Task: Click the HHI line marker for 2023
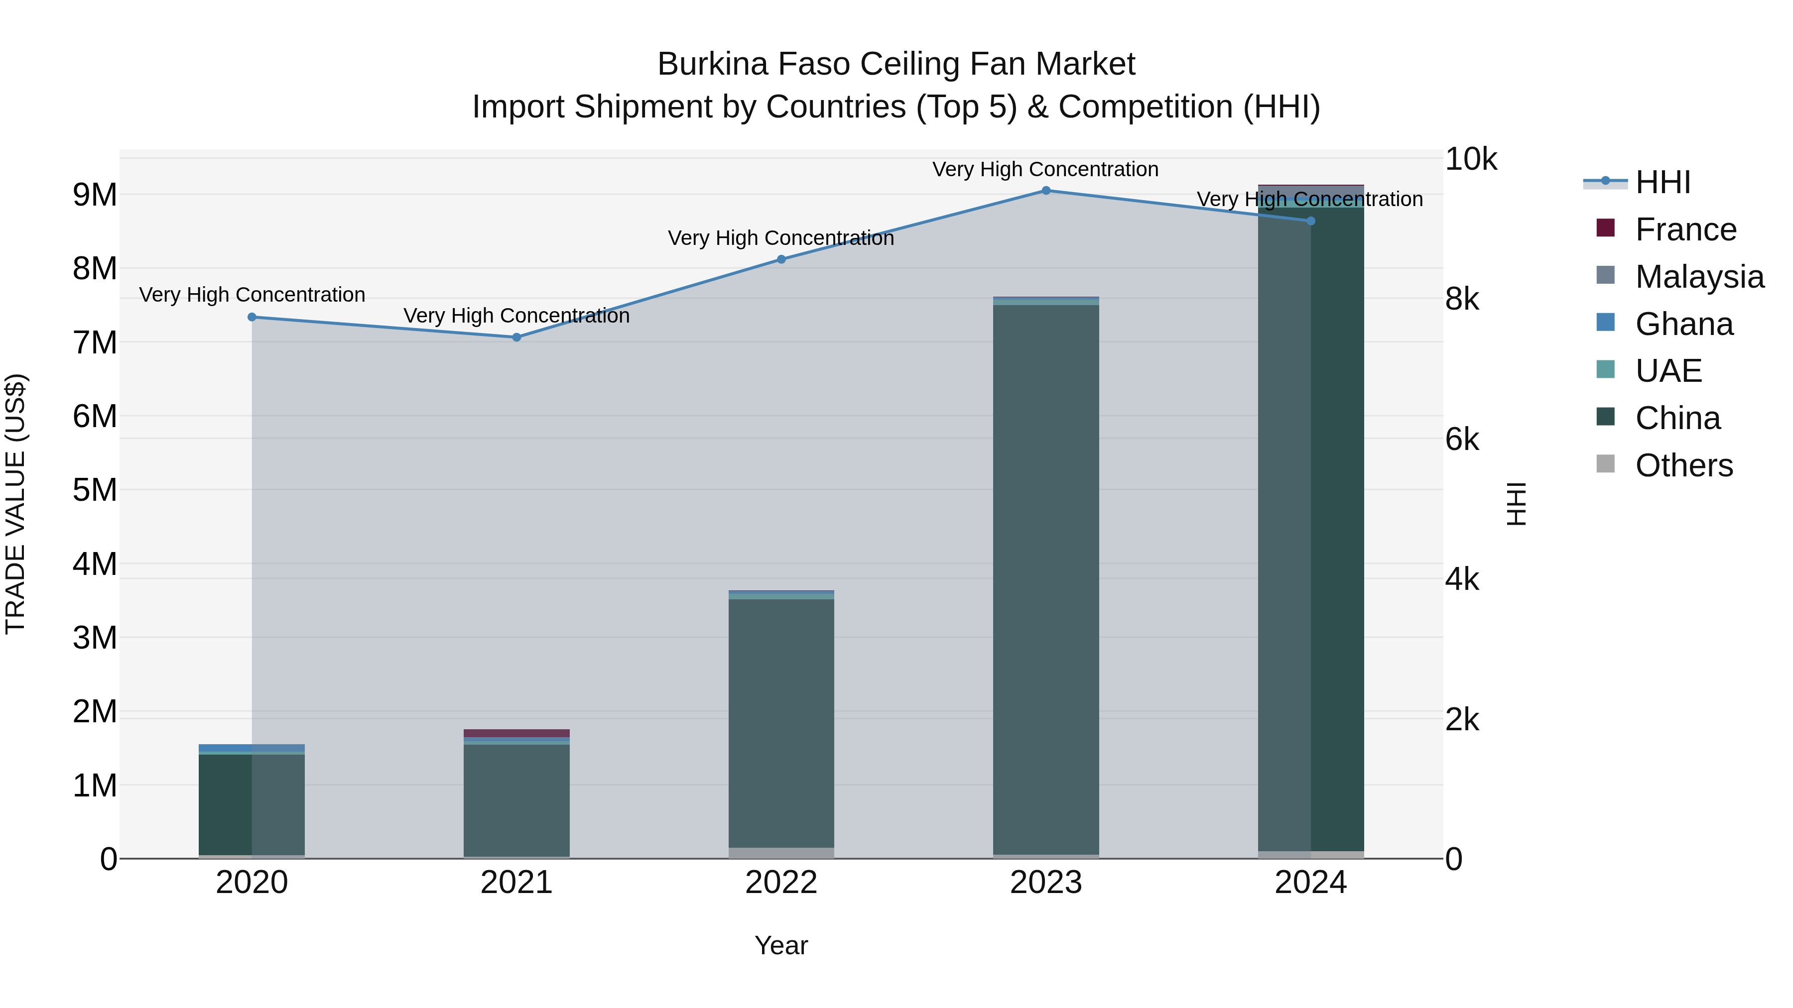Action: (x=1045, y=191)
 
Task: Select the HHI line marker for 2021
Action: (x=516, y=337)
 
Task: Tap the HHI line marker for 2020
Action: (x=252, y=317)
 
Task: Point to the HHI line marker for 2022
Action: (x=781, y=259)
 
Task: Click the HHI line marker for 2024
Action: (x=1311, y=221)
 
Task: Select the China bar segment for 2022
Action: (x=781, y=723)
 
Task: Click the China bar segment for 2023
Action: (x=1045, y=577)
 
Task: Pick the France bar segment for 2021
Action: (x=516, y=733)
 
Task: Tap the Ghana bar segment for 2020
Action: (x=252, y=748)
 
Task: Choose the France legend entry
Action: (x=1685, y=229)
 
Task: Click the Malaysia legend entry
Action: (x=1699, y=277)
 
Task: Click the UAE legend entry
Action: (x=1667, y=371)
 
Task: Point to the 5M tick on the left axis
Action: (x=95, y=490)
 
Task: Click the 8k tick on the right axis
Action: (x=1462, y=299)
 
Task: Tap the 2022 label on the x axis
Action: (x=781, y=883)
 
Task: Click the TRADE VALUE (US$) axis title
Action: (x=15, y=504)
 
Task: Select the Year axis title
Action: (x=781, y=945)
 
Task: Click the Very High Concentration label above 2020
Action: (x=252, y=295)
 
